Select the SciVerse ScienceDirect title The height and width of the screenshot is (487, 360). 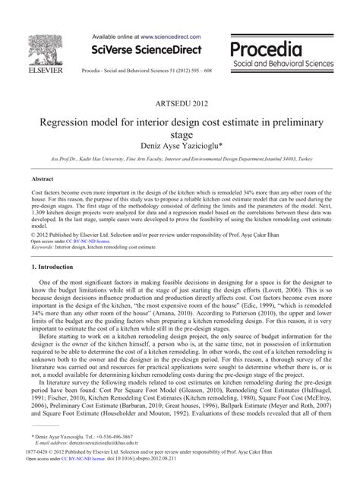[147, 50]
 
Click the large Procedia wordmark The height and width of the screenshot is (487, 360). [265, 50]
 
